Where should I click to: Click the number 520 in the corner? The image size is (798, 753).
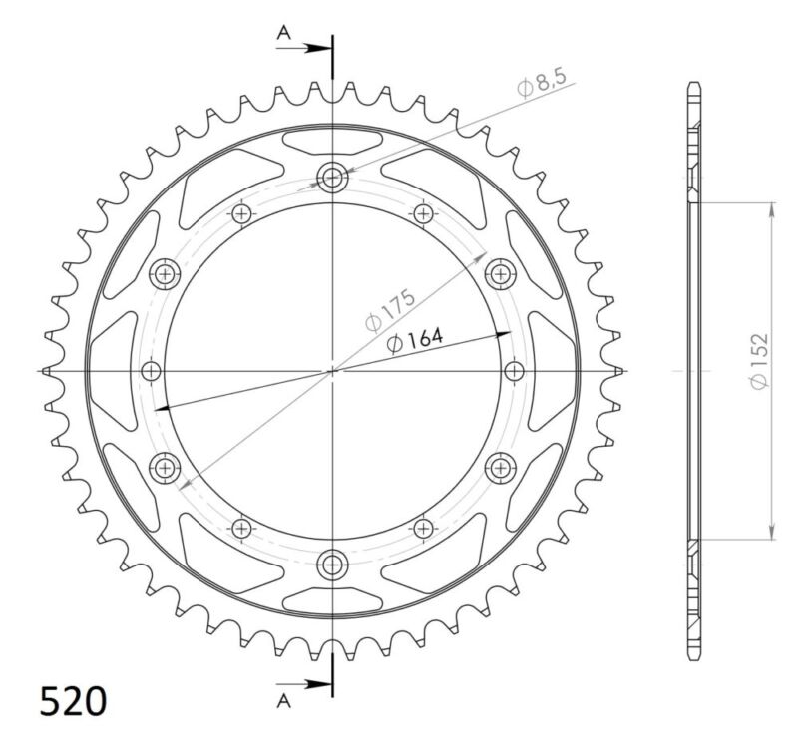point(73,701)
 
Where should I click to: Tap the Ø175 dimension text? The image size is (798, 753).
point(390,310)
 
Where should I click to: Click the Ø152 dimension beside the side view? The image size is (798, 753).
point(759,361)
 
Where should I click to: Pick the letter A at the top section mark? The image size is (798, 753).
point(283,34)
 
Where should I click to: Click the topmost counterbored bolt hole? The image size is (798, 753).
point(332,179)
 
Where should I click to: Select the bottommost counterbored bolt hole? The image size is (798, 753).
point(332,564)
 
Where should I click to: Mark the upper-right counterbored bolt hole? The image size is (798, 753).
point(499,273)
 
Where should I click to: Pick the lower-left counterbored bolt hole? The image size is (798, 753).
point(165,466)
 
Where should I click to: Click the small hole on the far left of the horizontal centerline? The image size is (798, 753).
point(152,371)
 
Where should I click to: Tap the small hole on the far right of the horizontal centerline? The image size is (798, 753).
point(514,371)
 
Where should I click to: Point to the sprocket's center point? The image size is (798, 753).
point(332,371)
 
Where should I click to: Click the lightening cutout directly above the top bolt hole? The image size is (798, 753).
point(332,141)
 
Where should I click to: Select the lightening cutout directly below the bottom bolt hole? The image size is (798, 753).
point(332,601)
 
